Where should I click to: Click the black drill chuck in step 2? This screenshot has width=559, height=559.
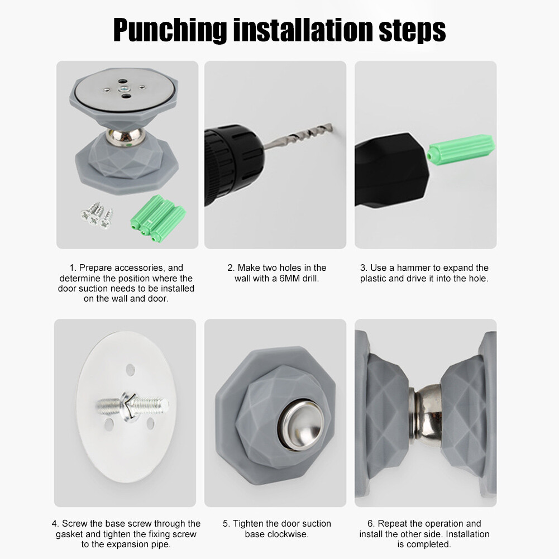point(233,164)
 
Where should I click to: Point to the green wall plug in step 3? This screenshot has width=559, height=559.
point(461,150)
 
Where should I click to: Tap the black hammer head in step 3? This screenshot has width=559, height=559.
point(392,170)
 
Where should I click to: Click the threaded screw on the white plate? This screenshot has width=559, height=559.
point(132,405)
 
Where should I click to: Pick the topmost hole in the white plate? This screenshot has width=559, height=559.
point(131,369)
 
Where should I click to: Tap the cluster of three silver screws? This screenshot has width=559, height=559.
point(97,215)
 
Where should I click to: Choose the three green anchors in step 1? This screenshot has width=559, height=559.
point(158,218)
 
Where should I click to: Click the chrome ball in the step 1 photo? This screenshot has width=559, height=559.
point(126,137)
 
